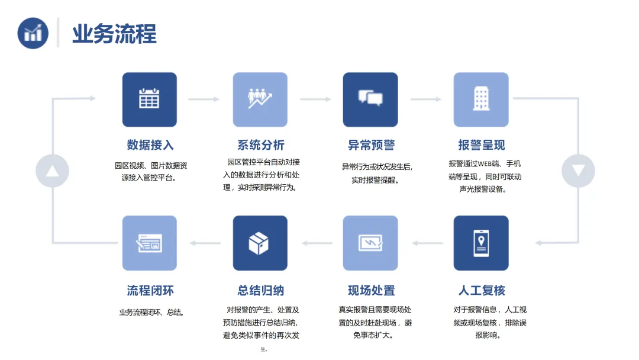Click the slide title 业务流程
coord(114,34)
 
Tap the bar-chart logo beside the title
coord(33,33)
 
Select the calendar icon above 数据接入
coord(149,99)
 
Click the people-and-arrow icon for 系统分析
coord(260,99)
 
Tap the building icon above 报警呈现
coord(481,99)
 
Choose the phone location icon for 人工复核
coord(481,243)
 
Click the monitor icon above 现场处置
coord(370,243)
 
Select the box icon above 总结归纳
coord(260,243)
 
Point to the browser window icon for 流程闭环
coord(149,243)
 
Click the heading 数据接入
coord(150,145)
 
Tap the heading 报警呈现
coord(481,145)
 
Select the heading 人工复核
coord(481,291)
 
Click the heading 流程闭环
coord(150,291)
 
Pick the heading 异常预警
coord(371,145)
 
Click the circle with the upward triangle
coord(53,171)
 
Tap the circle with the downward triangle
coord(578,171)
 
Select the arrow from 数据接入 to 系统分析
coord(204,99)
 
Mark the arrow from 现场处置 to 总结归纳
coord(315,243)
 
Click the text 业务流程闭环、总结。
coord(151,312)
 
